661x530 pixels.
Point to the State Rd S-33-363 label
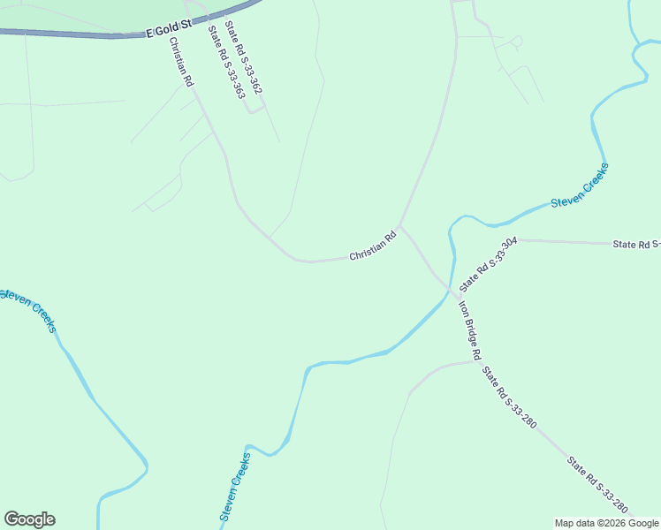pos(226,61)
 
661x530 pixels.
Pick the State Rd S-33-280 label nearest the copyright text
pos(598,485)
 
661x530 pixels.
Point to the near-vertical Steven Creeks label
pos(234,487)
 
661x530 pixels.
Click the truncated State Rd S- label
pos(637,244)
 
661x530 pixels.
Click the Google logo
pos(29,519)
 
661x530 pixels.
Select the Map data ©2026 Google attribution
pos(606,523)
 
